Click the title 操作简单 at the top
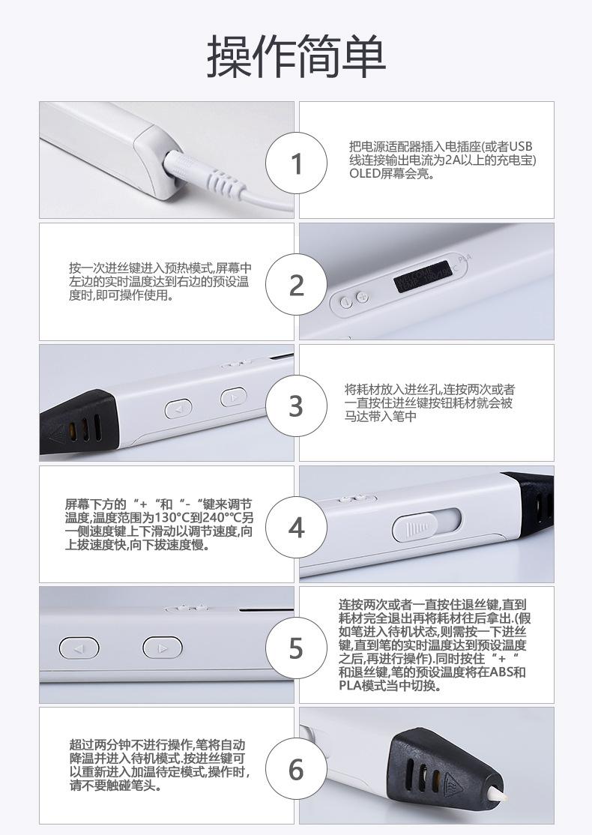point(296,56)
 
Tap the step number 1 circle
point(297,163)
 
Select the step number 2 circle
point(297,285)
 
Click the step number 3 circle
point(297,406)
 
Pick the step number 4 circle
point(297,528)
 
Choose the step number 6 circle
point(297,769)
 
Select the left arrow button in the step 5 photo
point(79,648)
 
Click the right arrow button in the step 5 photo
point(163,648)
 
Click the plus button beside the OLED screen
point(363,298)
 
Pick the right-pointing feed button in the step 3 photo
point(233,397)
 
